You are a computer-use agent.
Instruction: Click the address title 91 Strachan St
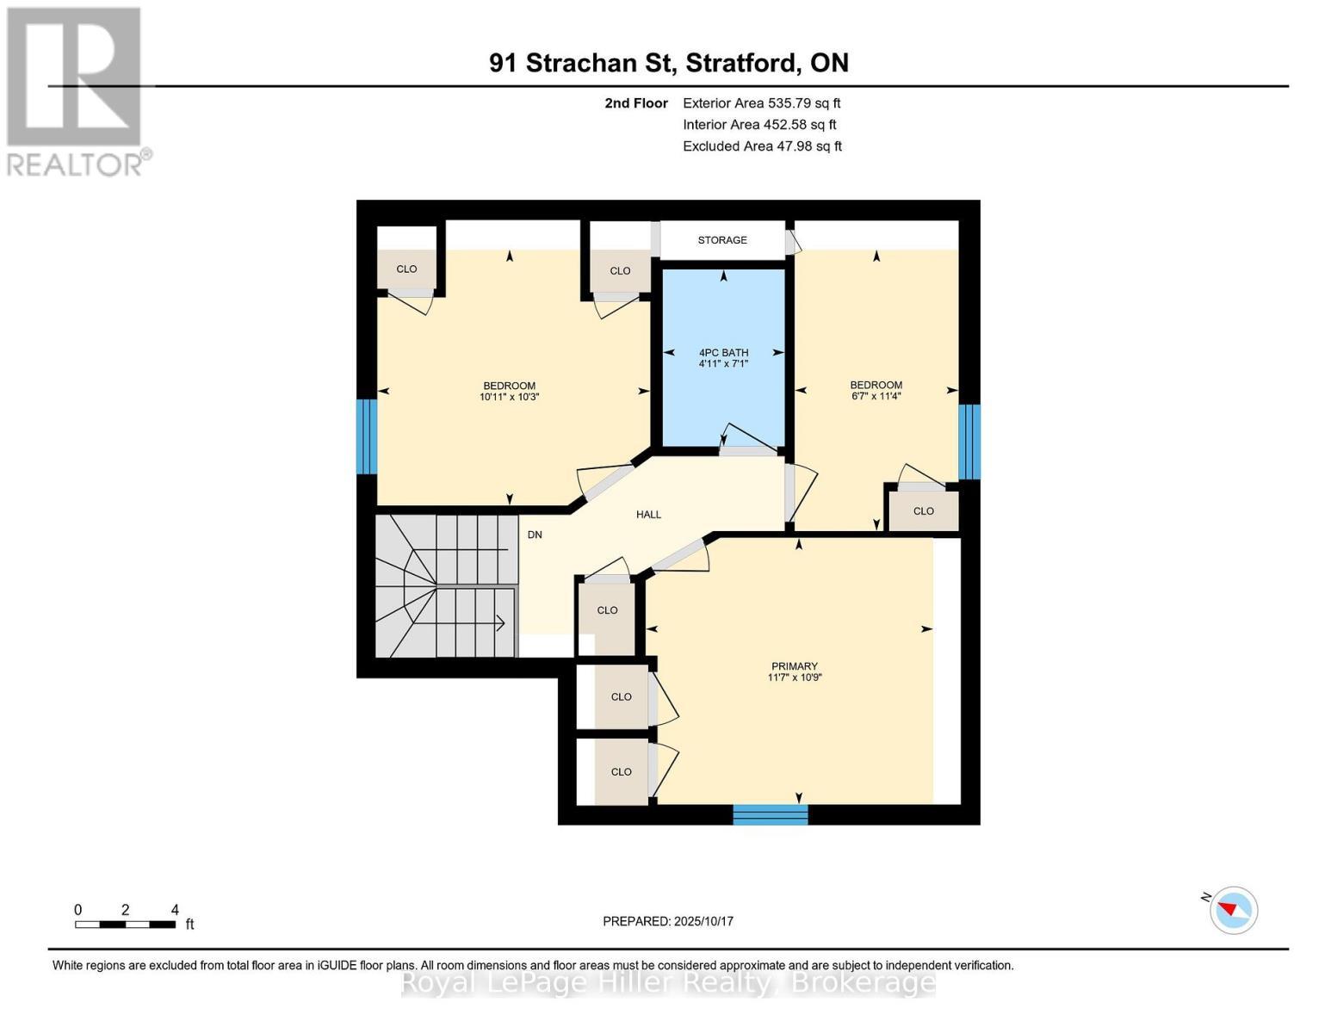(668, 63)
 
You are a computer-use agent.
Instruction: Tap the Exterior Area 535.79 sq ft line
(761, 102)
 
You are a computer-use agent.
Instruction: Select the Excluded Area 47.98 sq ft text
(762, 146)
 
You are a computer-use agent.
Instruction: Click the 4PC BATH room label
(723, 353)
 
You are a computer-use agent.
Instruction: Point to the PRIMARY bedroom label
(794, 666)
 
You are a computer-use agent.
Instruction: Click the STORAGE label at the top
(722, 240)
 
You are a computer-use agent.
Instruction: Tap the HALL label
(648, 515)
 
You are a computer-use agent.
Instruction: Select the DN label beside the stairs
(535, 535)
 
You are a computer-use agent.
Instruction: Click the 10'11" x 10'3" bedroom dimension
(509, 398)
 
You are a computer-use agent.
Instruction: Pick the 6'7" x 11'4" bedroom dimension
(876, 397)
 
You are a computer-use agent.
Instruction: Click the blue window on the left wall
(367, 436)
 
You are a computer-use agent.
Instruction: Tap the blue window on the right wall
(969, 442)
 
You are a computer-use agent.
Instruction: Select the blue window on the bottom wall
(770, 814)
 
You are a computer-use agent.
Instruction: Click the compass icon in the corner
(1233, 910)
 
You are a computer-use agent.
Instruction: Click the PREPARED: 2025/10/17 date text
(668, 921)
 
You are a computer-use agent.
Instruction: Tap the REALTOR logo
(75, 90)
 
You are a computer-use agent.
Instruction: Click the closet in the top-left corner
(406, 269)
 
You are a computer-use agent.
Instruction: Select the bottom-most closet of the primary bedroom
(621, 772)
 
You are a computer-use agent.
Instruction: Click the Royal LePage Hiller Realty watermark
(668, 982)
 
